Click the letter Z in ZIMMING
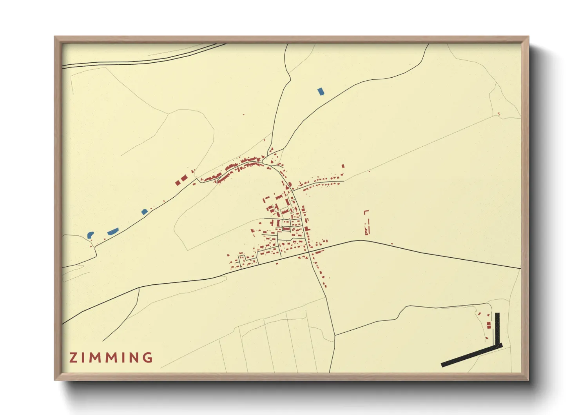click(x=73, y=358)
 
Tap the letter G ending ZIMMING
click(x=148, y=358)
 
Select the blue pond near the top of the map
click(x=321, y=92)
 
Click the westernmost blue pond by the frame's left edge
click(x=90, y=235)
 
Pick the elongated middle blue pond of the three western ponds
click(x=113, y=231)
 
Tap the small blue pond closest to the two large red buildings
click(x=145, y=212)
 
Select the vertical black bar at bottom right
click(x=497, y=328)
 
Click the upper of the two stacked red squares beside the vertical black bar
click(x=488, y=324)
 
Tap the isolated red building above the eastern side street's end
click(x=343, y=166)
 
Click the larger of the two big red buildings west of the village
click(x=184, y=178)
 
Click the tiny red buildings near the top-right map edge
click(x=498, y=114)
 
